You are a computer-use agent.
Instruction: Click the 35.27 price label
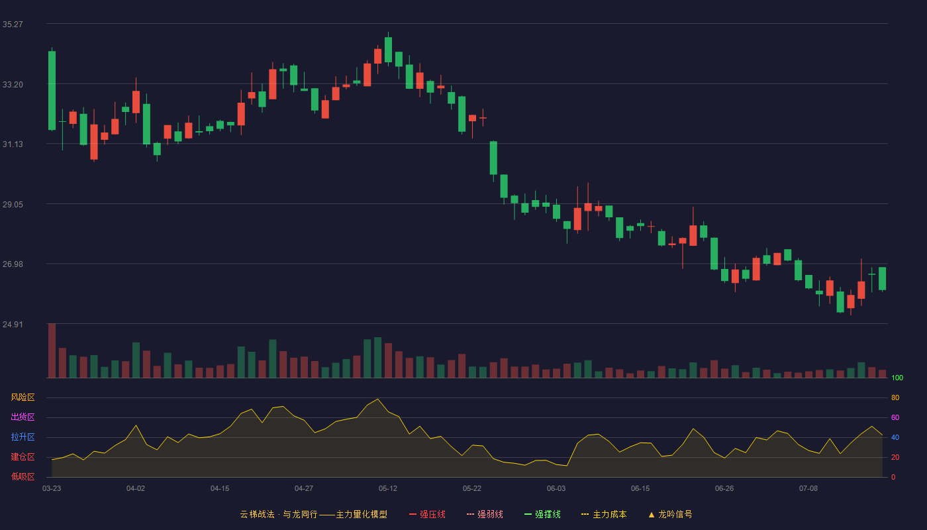tap(13, 25)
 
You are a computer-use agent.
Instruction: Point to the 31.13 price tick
tap(13, 144)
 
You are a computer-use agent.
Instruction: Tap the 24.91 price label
tap(13, 324)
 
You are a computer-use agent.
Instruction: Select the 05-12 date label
tap(388, 489)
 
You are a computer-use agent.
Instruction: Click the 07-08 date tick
tap(808, 489)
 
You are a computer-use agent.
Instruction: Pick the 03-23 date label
tap(52, 489)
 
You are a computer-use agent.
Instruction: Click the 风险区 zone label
tap(23, 397)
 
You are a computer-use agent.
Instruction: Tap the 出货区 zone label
tap(23, 417)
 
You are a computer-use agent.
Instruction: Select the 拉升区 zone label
tap(23, 437)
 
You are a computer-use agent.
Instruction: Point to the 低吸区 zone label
tap(23, 476)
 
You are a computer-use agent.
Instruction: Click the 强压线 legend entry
tap(427, 514)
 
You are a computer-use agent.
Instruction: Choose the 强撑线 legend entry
tap(542, 514)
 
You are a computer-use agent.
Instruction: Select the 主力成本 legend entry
tap(604, 514)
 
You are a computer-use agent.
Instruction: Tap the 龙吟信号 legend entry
tap(670, 514)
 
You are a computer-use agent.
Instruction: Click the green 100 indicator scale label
tap(897, 378)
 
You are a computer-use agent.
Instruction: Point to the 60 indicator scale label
tap(895, 417)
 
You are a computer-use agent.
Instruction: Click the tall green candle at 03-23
tap(52, 91)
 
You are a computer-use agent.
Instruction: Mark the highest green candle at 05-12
tap(388, 50)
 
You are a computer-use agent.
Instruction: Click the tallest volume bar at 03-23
tap(52, 350)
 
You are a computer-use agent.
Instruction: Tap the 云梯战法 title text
tap(257, 514)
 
